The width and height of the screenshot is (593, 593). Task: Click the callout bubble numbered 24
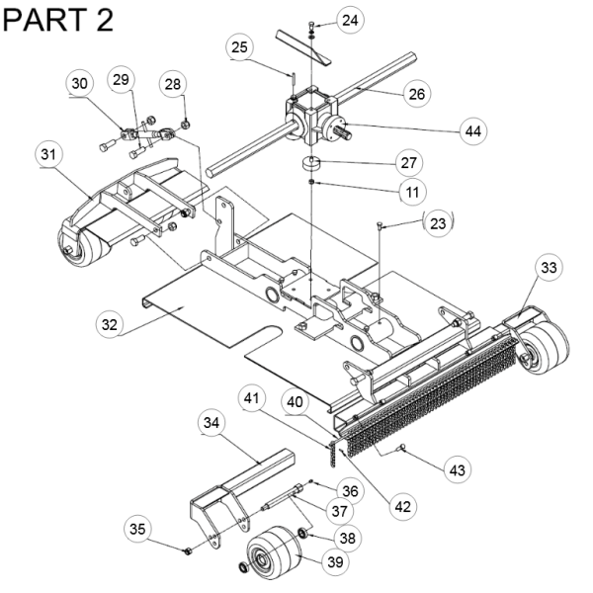click(x=350, y=20)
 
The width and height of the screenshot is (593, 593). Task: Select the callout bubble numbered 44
click(x=473, y=131)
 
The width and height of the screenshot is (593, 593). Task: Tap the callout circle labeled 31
click(x=48, y=155)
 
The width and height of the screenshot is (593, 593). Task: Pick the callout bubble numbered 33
click(x=549, y=268)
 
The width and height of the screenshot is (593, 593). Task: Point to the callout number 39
click(x=335, y=562)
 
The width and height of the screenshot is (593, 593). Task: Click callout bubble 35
click(x=137, y=529)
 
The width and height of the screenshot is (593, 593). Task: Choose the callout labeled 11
click(x=412, y=192)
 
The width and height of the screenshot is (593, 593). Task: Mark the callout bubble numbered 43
click(x=458, y=470)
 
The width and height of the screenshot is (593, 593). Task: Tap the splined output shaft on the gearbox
click(x=345, y=133)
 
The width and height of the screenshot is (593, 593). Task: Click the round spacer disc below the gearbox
click(x=311, y=164)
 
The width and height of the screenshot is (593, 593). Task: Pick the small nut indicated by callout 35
click(x=187, y=551)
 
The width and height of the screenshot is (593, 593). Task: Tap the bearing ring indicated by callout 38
click(x=302, y=534)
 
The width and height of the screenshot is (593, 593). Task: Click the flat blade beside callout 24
click(x=303, y=47)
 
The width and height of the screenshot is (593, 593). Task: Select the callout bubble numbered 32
click(x=110, y=324)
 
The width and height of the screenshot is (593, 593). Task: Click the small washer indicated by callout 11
click(x=311, y=183)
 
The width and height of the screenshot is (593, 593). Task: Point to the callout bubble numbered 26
click(x=416, y=94)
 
